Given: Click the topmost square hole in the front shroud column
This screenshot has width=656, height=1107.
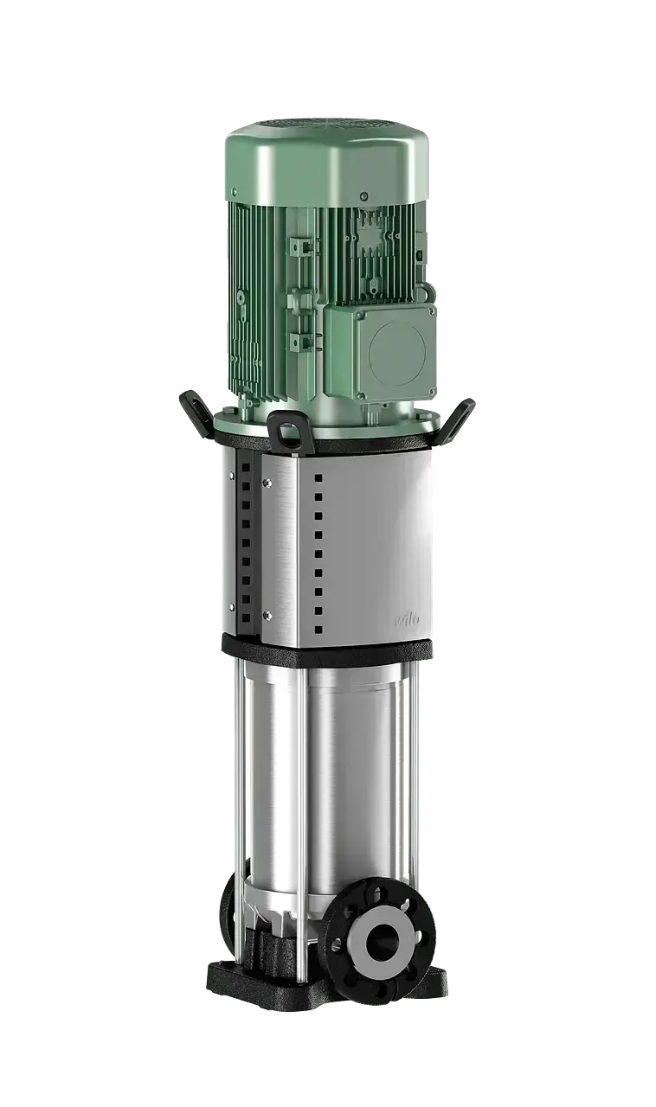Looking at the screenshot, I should coord(318,477).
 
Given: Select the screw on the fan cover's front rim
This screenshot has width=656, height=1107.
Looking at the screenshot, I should coord(363,196).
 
